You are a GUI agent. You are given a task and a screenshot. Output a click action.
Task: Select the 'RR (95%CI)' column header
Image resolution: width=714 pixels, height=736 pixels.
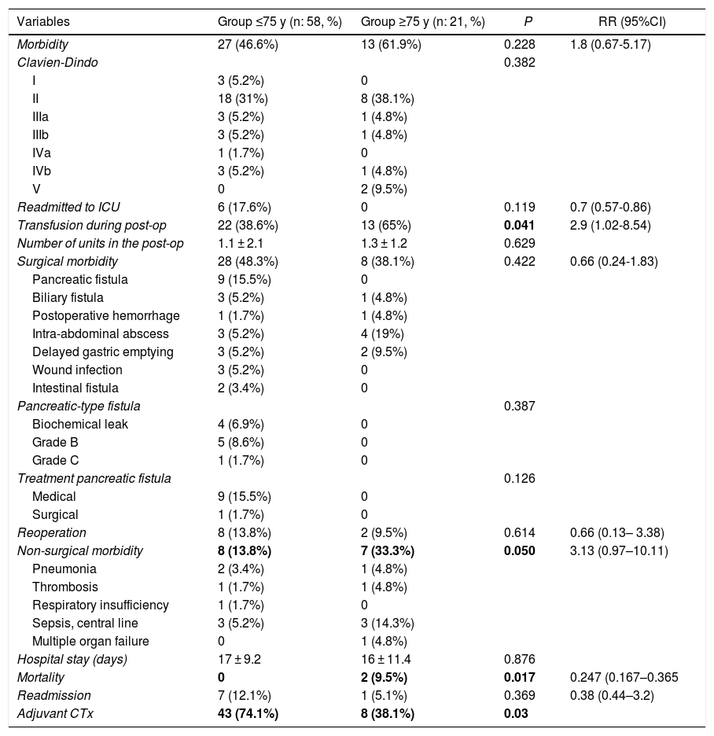click(631, 22)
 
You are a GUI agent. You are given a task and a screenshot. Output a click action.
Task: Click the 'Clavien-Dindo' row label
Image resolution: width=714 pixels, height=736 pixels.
click(57, 62)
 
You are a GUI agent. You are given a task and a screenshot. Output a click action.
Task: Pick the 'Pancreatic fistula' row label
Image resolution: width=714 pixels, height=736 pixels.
click(79, 279)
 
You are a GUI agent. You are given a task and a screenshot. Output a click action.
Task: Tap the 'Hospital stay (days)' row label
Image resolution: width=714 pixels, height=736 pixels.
click(72, 659)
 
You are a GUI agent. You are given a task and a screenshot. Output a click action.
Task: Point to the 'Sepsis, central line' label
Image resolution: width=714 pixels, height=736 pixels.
click(85, 623)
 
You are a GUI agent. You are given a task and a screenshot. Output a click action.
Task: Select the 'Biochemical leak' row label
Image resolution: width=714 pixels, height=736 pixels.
click(80, 424)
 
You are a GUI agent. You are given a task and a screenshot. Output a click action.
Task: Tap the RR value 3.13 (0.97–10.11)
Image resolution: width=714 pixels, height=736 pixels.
click(619, 550)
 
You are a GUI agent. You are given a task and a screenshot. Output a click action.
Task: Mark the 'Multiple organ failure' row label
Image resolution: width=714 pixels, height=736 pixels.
click(90, 641)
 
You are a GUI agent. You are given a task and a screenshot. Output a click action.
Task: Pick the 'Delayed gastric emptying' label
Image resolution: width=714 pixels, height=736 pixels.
click(103, 351)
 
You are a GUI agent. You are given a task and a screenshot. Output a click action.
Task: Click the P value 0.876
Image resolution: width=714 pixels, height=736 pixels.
click(519, 659)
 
